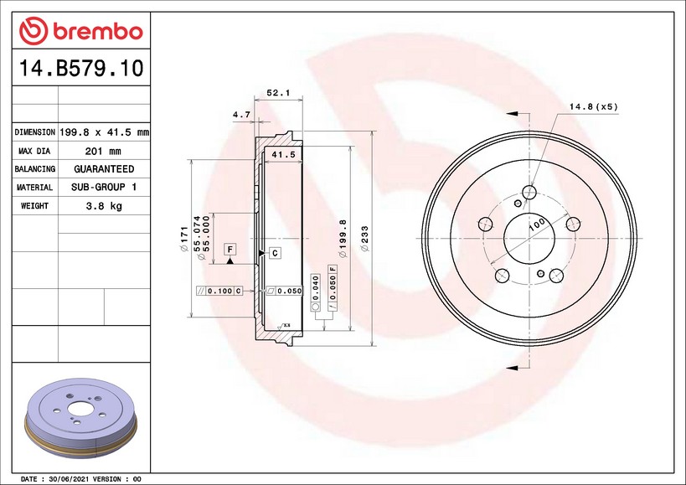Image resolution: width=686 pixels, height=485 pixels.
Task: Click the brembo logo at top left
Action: [x=81, y=31]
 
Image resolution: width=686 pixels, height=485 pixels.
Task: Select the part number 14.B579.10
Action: [x=81, y=68]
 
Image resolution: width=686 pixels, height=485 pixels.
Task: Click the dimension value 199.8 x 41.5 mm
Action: [x=104, y=132]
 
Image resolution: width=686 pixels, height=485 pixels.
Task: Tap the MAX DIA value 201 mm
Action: [x=103, y=152]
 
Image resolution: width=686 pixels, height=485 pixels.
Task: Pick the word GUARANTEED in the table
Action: [x=104, y=169]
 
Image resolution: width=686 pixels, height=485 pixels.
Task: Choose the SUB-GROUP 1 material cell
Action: [x=104, y=187]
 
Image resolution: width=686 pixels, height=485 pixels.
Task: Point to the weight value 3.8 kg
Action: [x=104, y=206]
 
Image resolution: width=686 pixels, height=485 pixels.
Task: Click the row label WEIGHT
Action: [x=34, y=206]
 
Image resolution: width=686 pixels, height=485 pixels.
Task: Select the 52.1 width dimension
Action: [x=278, y=93]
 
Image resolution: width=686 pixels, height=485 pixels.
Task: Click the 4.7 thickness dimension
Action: [x=241, y=115]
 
